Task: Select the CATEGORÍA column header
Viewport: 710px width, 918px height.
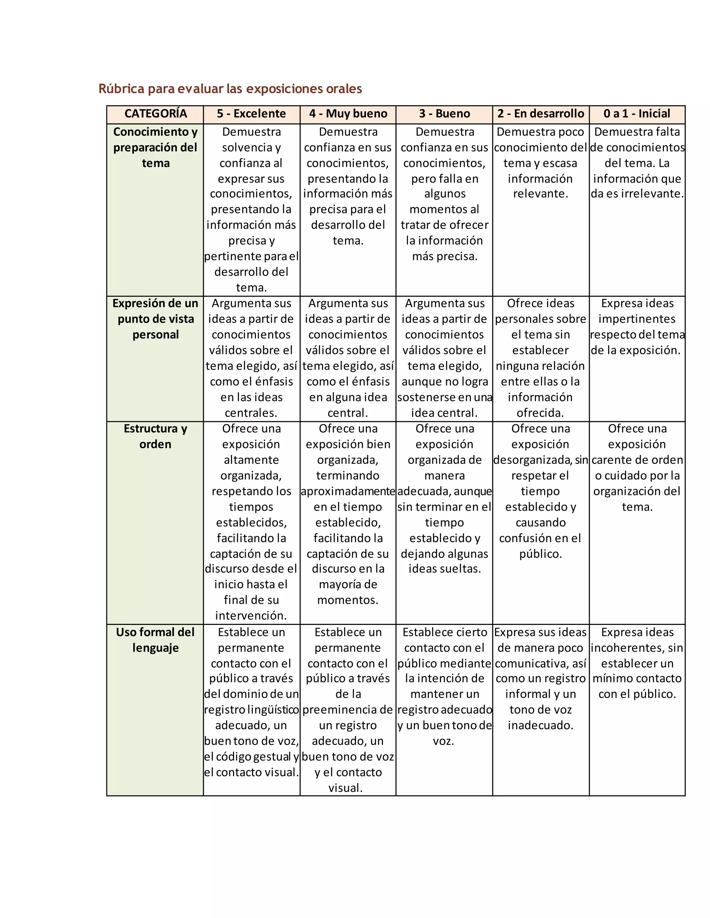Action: (155, 114)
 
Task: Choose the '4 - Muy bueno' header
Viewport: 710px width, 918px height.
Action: (348, 114)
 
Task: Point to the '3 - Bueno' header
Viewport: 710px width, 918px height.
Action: (444, 114)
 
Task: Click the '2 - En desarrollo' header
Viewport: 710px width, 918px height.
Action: (540, 114)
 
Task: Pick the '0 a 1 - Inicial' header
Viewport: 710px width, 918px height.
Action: (637, 114)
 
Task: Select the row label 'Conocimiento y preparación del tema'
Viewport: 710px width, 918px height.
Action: (155, 147)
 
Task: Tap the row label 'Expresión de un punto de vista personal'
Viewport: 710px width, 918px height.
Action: (155, 319)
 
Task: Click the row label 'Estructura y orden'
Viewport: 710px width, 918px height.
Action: (155, 436)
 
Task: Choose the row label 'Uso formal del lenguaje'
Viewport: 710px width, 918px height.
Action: (155, 640)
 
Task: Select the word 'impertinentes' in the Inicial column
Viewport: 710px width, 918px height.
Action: (637, 319)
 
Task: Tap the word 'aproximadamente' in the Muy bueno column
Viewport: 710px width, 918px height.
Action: (348, 491)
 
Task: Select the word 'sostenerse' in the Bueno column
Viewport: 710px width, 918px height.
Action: (422, 397)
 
